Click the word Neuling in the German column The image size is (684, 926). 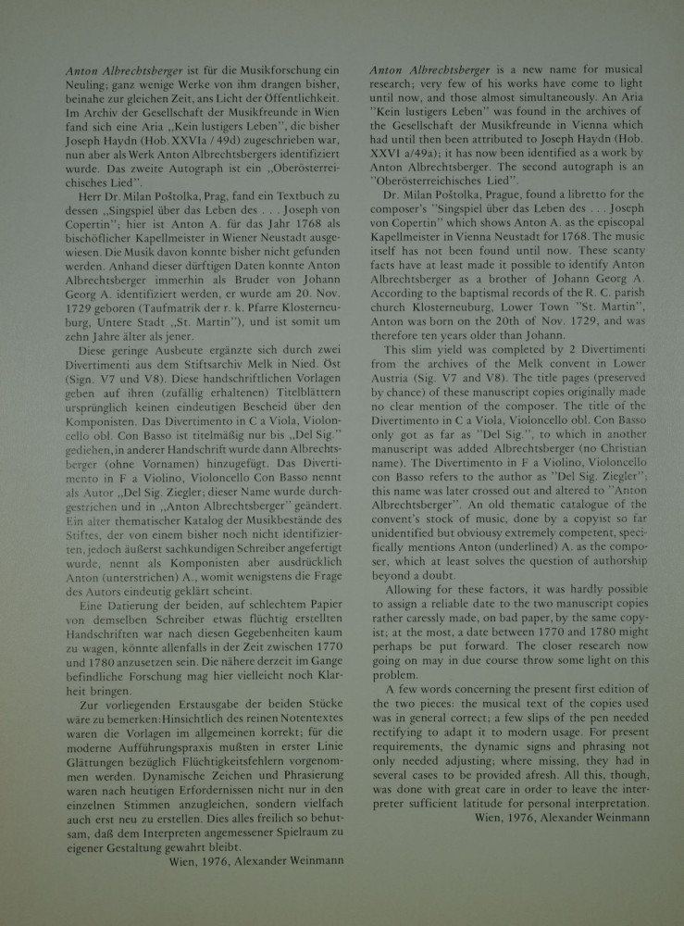click(91, 85)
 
